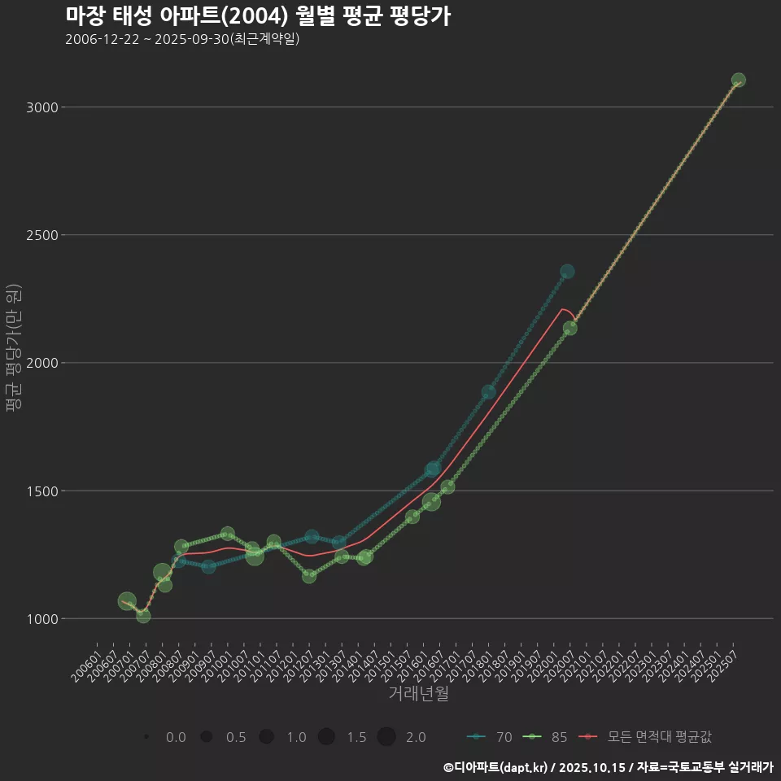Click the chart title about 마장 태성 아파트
click(257, 16)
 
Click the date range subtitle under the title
click(182, 39)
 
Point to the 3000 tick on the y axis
click(41, 107)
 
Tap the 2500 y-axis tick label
click(41, 235)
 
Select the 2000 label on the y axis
click(41, 363)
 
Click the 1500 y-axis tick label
click(41, 491)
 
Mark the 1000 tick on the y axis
click(41, 618)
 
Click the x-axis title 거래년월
click(418, 694)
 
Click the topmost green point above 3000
click(738, 80)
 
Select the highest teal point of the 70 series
click(567, 272)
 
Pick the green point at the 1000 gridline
click(143, 616)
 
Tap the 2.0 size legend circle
click(386, 737)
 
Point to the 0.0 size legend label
click(176, 737)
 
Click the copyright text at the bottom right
click(608, 766)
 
